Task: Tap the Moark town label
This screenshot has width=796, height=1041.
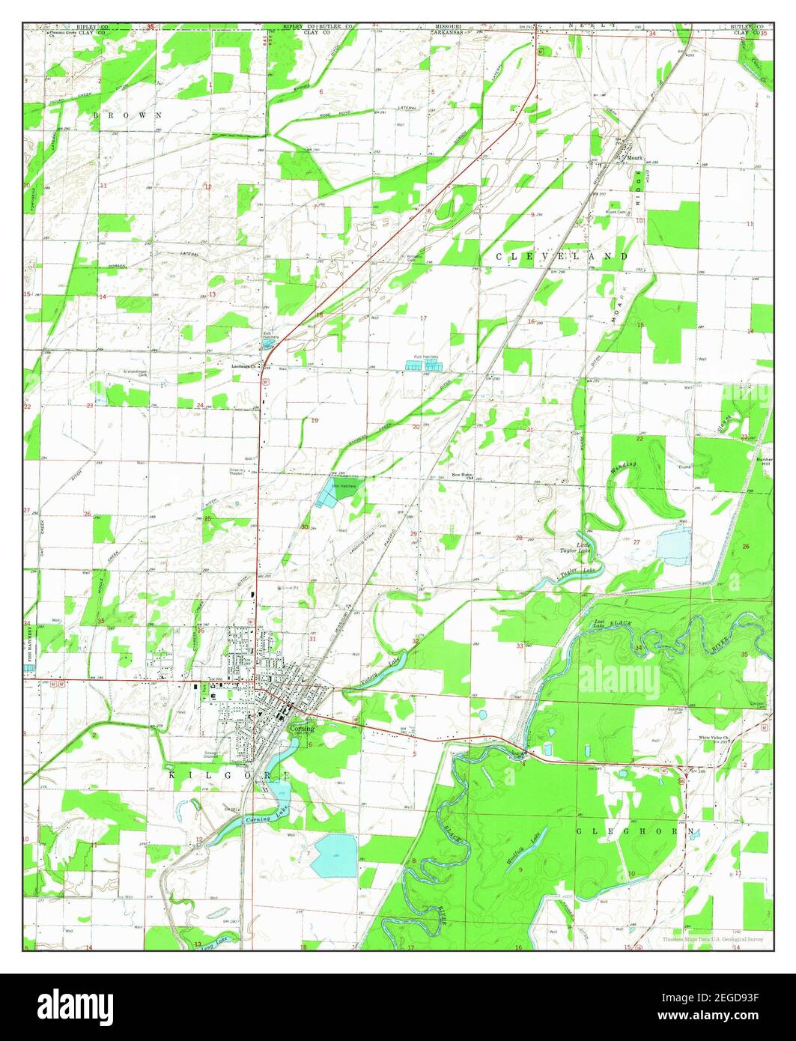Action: (x=635, y=157)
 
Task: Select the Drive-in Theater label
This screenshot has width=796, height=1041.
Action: (x=238, y=472)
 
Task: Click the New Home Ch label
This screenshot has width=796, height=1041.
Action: (x=463, y=476)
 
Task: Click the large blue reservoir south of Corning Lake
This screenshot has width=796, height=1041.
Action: (x=335, y=855)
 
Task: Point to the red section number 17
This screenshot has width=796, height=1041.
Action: (x=423, y=318)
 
